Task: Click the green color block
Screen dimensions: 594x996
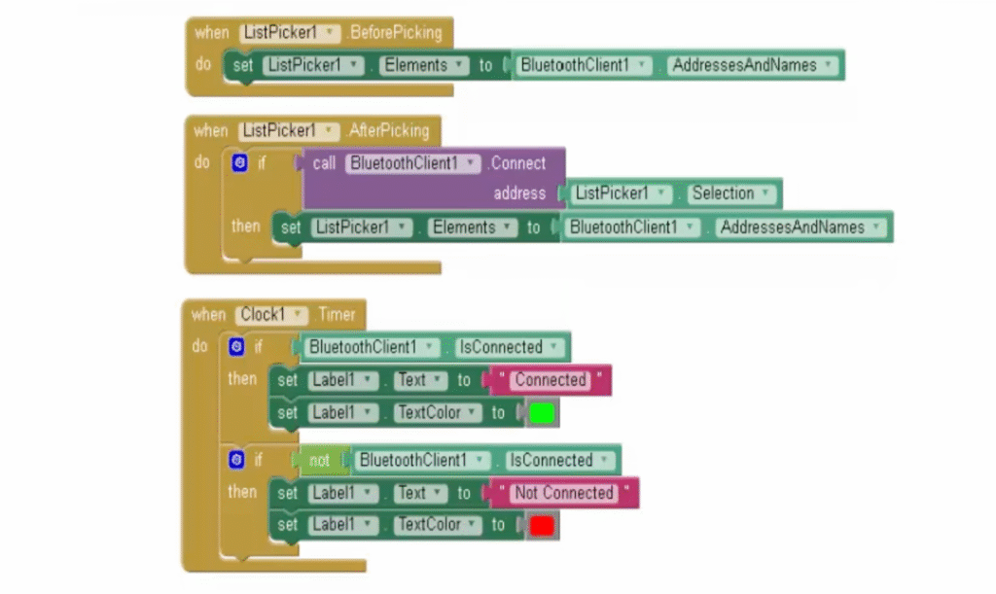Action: [542, 413]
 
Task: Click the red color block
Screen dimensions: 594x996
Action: [542, 526]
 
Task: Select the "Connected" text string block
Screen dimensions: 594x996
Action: [551, 380]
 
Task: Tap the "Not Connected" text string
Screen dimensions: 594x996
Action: [564, 493]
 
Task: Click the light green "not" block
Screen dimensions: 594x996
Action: [320, 461]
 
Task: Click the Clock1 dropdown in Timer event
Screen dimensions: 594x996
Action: [272, 315]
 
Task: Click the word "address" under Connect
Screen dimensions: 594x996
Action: [519, 193]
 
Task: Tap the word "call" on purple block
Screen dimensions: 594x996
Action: [324, 163]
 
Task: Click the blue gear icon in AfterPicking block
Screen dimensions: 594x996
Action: [239, 163]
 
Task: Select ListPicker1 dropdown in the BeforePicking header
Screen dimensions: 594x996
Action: [291, 32]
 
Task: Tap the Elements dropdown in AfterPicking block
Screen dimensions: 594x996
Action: [471, 227]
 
